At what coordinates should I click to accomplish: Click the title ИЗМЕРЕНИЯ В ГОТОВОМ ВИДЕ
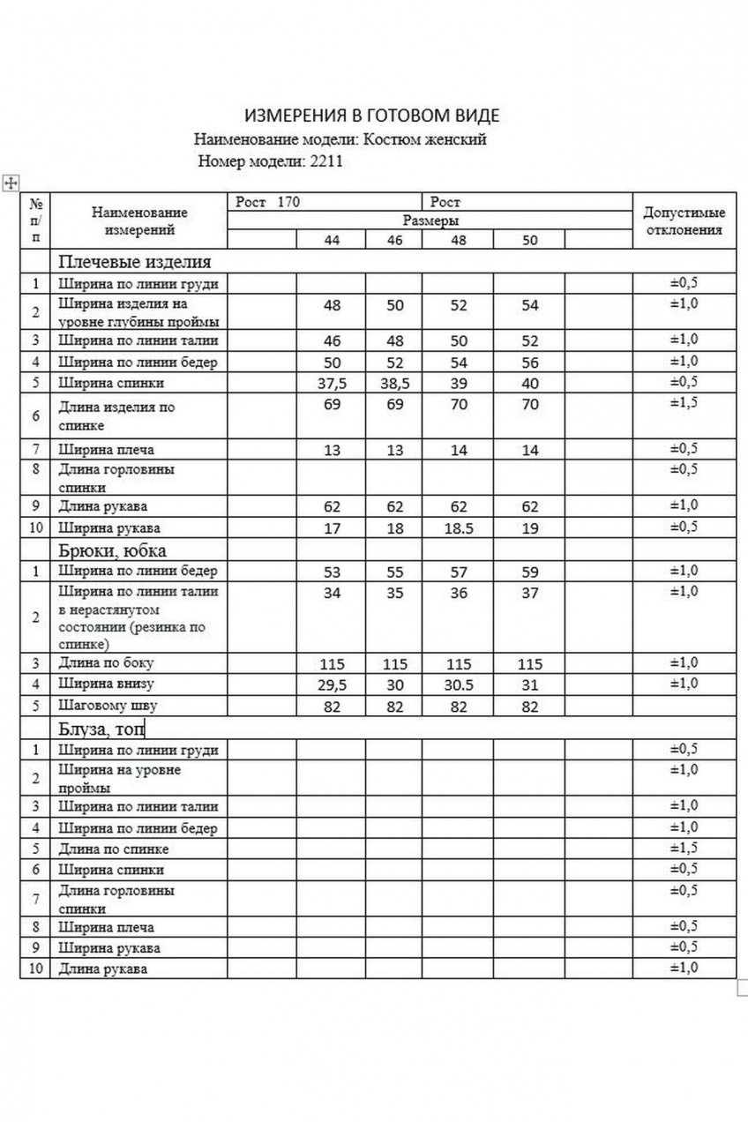pyautogui.click(x=371, y=116)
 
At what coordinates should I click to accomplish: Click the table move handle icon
pyautogui.click(x=11, y=183)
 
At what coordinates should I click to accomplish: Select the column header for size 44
pyautogui.click(x=332, y=240)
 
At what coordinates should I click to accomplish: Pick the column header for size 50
pyautogui.click(x=529, y=240)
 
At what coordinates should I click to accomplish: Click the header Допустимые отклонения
pyautogui.click(x=684, y=221)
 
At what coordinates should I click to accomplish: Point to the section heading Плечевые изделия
pyautogui.click(x=135, y=262)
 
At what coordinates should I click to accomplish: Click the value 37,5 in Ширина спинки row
pyautogui.click(x=332, y=384)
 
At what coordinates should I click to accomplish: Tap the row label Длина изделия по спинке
pyautogui.click(x=116, y=416)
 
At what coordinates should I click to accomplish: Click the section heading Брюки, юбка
pyautogui.click(x=112, y=550)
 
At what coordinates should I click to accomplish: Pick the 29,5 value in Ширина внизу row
pyautogui.click(x=332, y=685)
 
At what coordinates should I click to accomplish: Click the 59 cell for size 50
pyautogui.click(x=529, y=572)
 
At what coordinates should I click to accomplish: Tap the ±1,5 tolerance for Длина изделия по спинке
pyautogui.click(x=684, y=403)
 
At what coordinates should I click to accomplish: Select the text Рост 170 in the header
pyautogui.click(x=268, y=203)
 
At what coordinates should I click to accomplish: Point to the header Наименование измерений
pyautogui.click(x=139, y=221)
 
